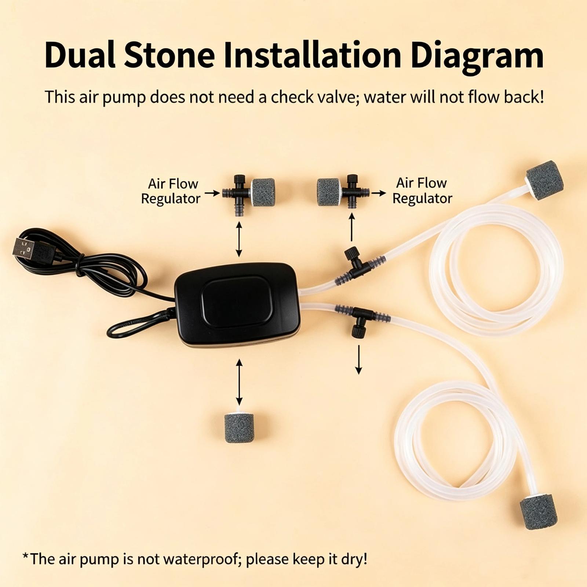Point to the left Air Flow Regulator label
point(171,191)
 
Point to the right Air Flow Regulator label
point(422,191)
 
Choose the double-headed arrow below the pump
point(239,382)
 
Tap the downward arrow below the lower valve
point(358,360)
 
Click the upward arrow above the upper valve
point(351,227)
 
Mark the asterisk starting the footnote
point(25,557)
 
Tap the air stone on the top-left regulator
point(263,192)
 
